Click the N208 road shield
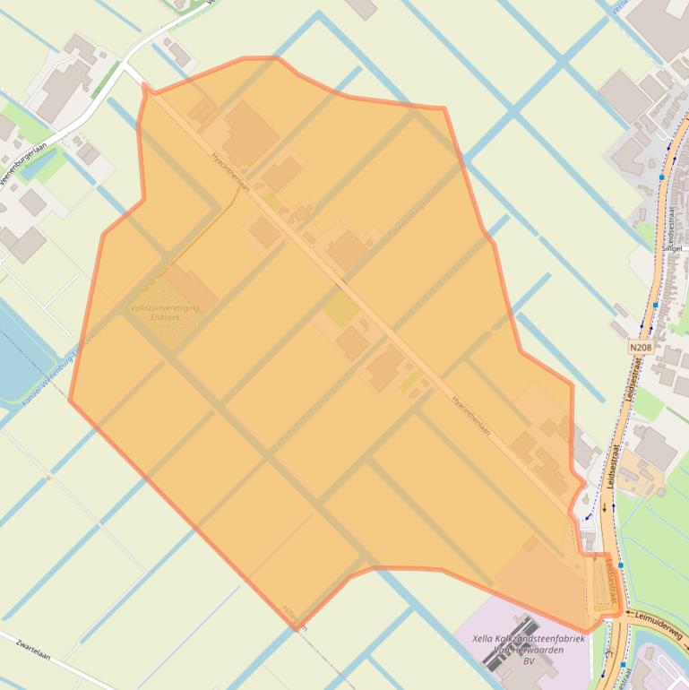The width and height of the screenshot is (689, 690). tap(641, 347)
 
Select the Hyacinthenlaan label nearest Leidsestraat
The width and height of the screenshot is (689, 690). tap(471, 416)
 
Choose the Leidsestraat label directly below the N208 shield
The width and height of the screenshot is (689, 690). tap(634, 382)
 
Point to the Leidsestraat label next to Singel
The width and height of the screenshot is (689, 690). tap(669, 229)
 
